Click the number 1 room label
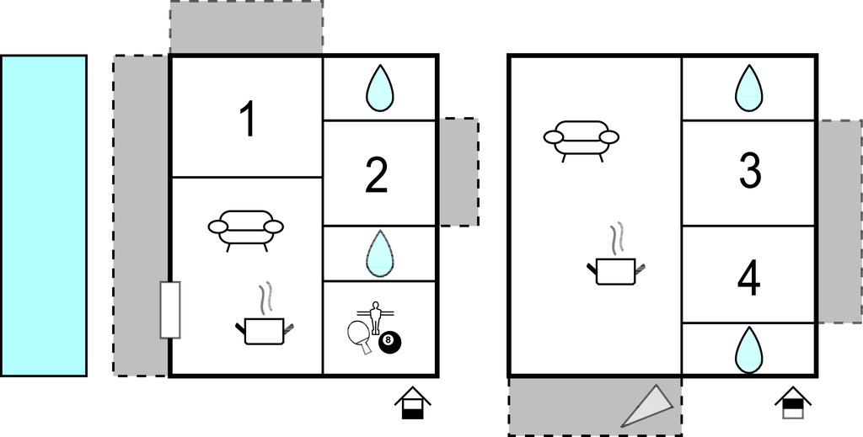[x=247, y=119]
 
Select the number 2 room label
[x=377, y=175]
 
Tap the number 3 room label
[x=749, y=171]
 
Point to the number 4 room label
[x=748, y=279]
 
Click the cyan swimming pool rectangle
[x=44, y=216]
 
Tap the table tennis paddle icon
[x=359, y=335]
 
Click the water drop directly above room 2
[x=379, y=88]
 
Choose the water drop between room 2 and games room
[x=379, y=253]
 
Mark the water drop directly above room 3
[x=748, y=88]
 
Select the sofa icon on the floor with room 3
[x=581, y=139]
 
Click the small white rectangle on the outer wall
[x=170, y=310]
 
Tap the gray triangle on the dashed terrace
[x=651, y=407]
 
